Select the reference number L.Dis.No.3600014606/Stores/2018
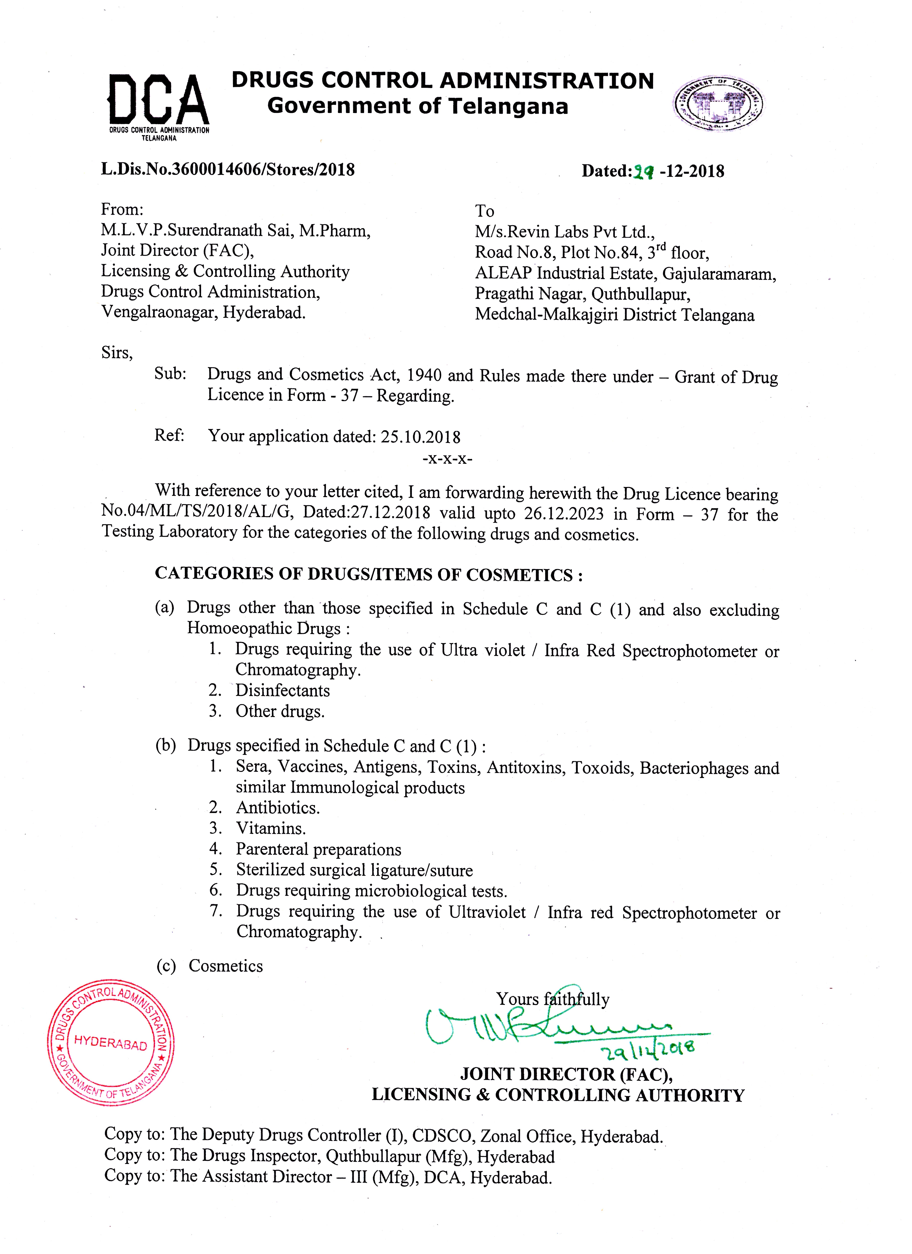(x=227, y=169)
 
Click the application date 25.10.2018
(x=420, y=437)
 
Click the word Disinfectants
(x=283, y=691)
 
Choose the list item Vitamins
(x=271, y=828)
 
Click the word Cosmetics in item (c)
(x=226, y=966)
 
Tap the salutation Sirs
(x=117, y=353)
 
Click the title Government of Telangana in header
(x=418, y=106)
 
